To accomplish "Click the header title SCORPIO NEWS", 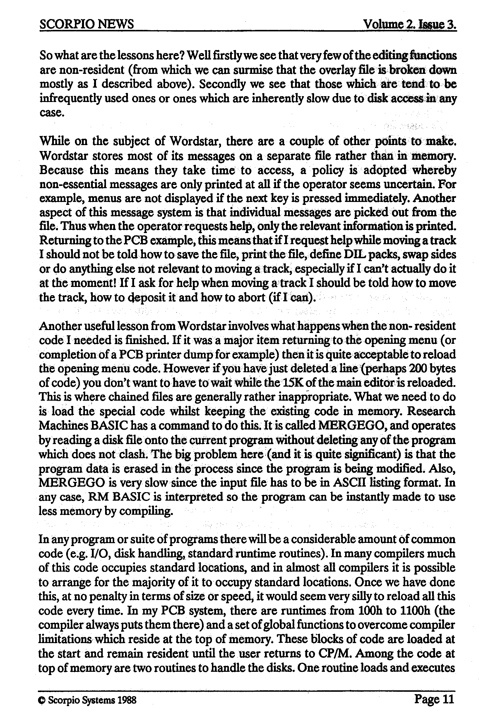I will tap(87, 24).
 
